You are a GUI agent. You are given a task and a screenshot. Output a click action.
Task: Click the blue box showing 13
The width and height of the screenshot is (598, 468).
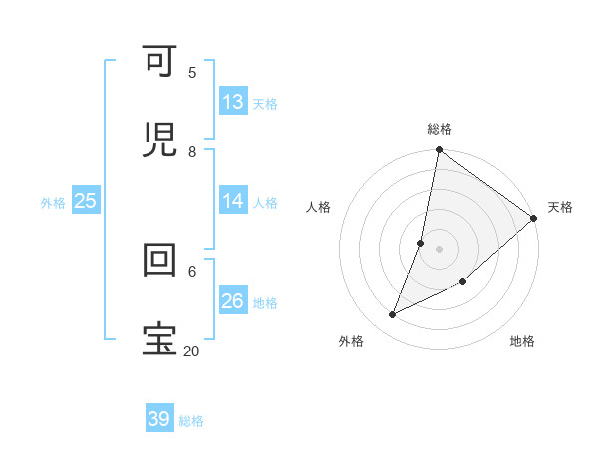233,101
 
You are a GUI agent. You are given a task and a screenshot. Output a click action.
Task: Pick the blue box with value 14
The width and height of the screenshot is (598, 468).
233,201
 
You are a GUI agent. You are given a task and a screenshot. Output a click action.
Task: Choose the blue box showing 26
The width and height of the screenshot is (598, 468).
233,300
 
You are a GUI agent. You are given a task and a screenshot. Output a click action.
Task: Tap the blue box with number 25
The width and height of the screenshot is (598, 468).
86,201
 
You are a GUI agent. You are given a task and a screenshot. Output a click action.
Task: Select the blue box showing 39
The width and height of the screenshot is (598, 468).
159,419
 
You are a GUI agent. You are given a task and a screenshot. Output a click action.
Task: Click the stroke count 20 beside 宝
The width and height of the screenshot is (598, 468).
191,351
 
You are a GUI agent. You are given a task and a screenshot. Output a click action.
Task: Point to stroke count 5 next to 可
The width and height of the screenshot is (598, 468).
192,72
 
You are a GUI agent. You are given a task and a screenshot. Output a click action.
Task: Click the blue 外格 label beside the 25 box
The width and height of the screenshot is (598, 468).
53,202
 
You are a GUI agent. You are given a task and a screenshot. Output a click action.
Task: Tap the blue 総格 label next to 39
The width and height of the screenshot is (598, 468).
191,421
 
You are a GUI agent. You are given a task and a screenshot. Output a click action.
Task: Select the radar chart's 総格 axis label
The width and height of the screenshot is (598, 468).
440,129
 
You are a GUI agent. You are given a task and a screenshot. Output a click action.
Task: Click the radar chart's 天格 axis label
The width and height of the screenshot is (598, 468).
560,207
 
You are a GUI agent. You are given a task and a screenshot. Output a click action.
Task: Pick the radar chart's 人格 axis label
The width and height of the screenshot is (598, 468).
318,207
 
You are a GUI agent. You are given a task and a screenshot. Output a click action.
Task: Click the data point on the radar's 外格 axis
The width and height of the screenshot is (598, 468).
392,315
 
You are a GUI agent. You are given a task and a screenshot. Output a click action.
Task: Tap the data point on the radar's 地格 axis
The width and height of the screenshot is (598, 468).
463,282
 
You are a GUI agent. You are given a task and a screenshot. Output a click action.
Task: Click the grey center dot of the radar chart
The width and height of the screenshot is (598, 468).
440,249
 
